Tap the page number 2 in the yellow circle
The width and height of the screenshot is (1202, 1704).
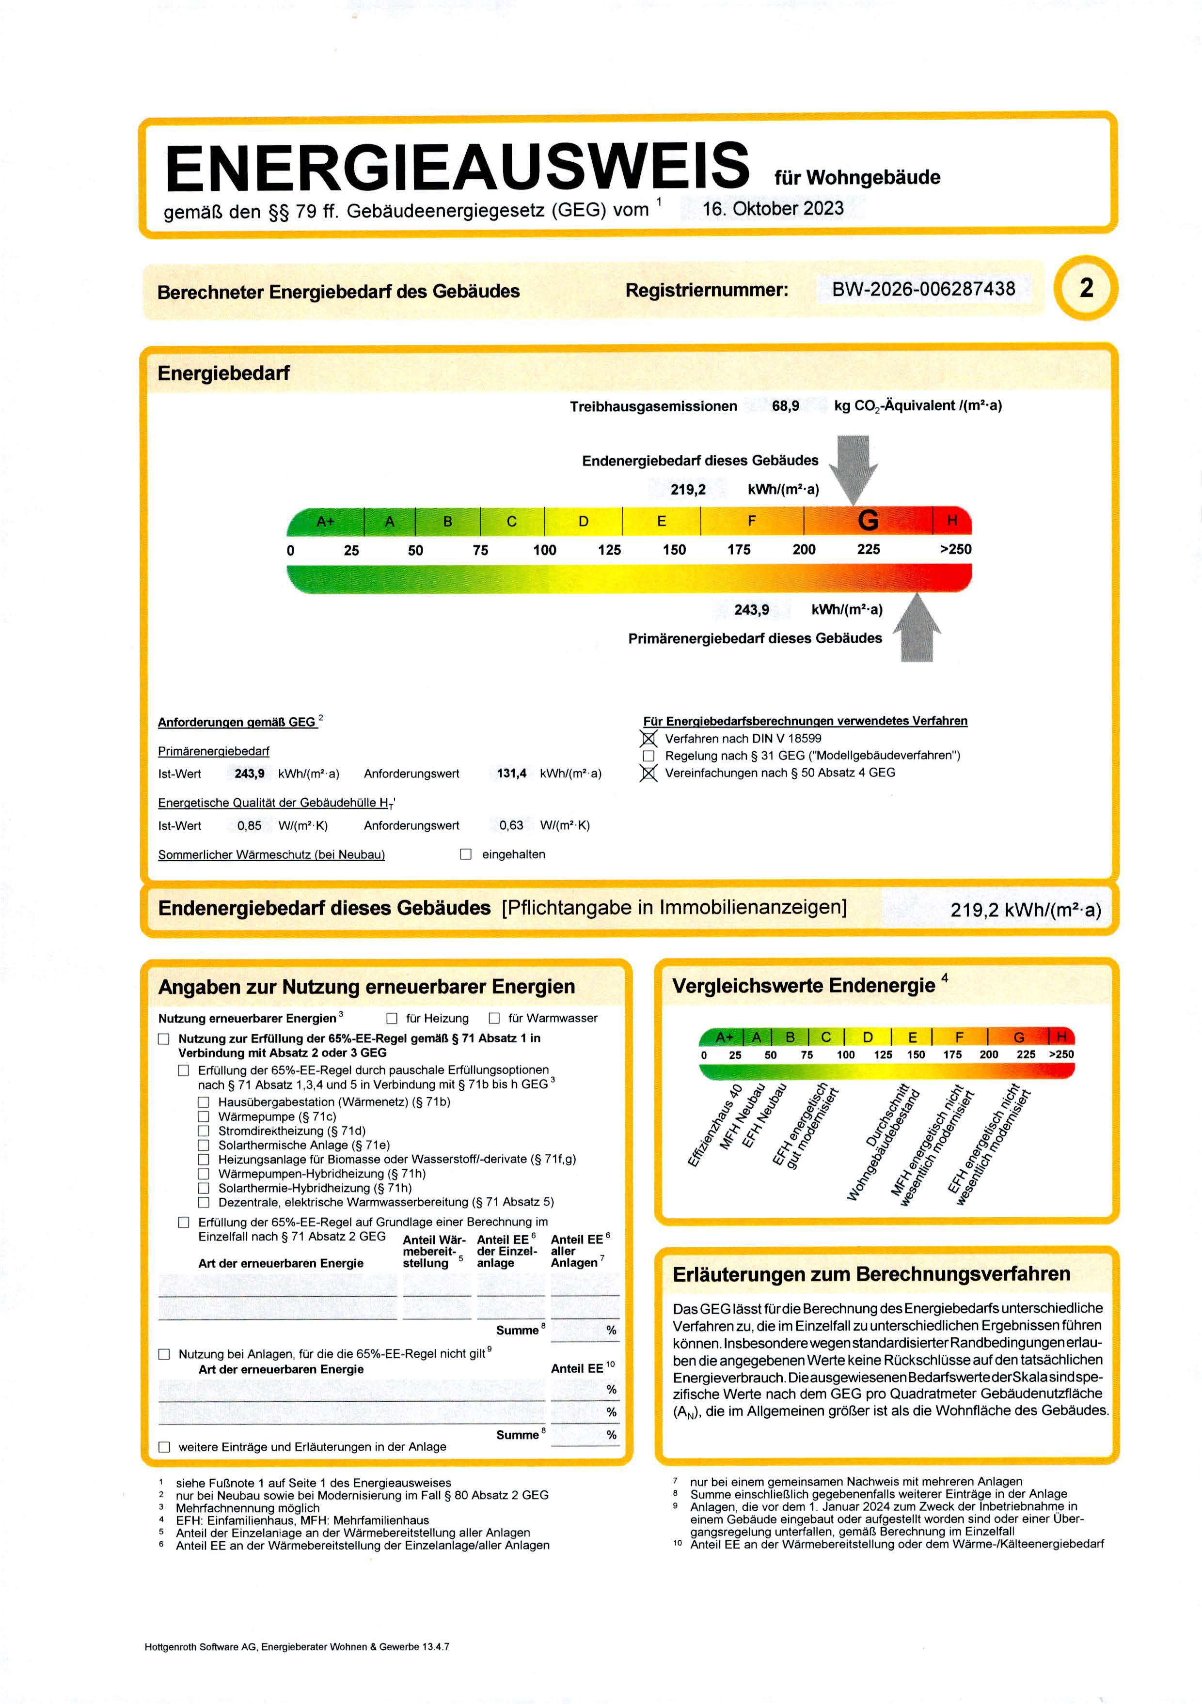[x=1086, y=288]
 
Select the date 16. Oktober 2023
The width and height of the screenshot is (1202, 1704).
[x=773, y=209]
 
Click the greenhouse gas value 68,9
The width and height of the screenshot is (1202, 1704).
[x=786, y=406]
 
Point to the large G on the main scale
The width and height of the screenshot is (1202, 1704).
[x=868, y=521]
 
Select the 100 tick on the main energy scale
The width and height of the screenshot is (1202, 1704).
[x=544, y=550]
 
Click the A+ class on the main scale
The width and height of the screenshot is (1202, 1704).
[x=325, y=522]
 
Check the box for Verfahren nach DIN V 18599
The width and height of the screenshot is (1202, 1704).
[x=649, y=739]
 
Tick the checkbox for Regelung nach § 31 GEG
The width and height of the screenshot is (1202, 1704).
[x=649, y=756]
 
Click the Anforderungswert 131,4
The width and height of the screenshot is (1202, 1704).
[x=511, y=774]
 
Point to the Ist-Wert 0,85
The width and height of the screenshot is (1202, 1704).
[x=250, y=825]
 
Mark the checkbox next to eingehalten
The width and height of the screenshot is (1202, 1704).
[x=465, y=854]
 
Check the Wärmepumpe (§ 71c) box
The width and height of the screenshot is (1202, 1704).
[x=204, y=1116]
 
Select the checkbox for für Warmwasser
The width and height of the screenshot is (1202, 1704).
[x=494, y=1018]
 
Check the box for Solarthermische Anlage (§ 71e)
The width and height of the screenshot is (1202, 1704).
[x=204, y=1145]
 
